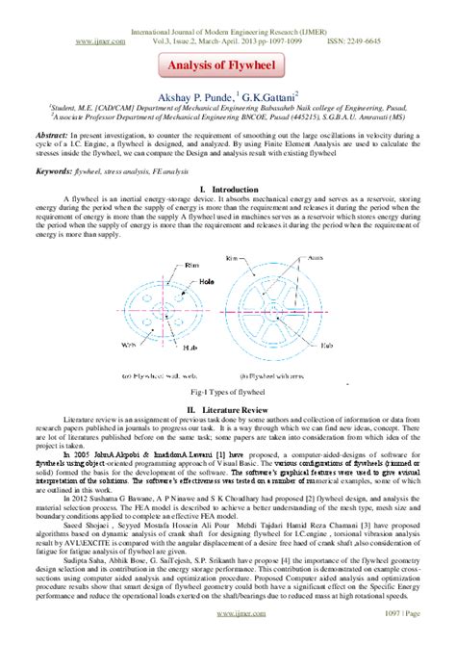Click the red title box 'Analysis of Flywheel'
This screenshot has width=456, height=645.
[227, 65]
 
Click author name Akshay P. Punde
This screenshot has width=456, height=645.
[186, 97]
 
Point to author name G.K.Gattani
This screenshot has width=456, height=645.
[270, 97]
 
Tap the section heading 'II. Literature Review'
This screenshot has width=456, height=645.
[227, 381]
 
